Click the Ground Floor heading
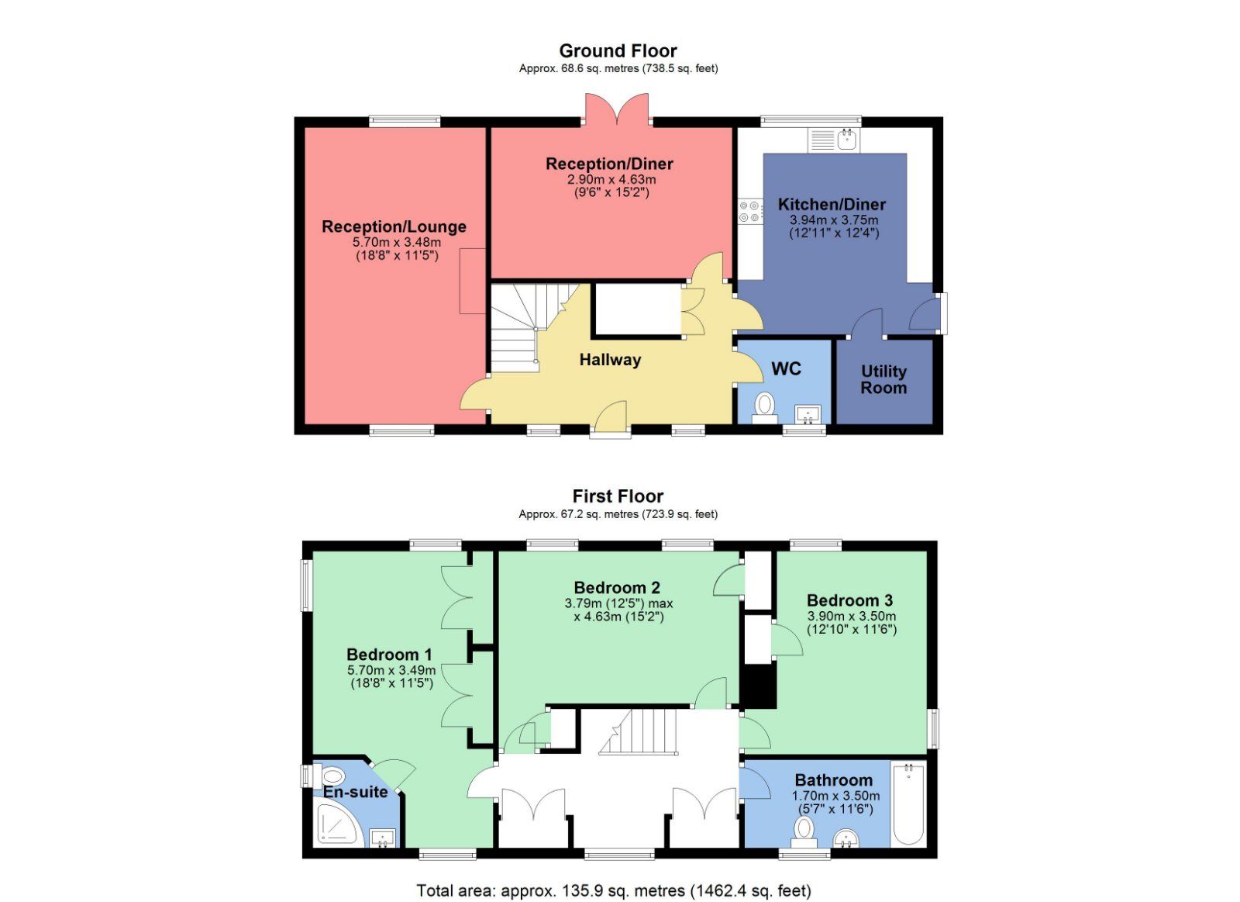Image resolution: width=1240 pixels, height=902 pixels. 618,51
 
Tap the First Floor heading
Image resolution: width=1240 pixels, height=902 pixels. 618,496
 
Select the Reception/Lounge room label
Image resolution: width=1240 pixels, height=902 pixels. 394,227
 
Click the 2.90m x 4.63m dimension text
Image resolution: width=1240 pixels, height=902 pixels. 611,179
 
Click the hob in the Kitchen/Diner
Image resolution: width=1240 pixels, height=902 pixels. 749,212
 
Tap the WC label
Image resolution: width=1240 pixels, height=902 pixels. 786,369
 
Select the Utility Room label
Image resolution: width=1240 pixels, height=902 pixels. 883,379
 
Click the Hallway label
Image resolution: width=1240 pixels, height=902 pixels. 610,360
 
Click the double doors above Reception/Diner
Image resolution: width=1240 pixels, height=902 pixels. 617,109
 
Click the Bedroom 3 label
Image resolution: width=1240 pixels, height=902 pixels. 849,600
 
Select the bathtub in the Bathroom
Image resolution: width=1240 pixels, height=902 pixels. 908,804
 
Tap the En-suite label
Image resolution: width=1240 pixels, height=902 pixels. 355,792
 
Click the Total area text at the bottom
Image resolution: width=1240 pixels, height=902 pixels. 613,890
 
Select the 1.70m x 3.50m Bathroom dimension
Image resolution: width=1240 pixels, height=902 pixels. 835,796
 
